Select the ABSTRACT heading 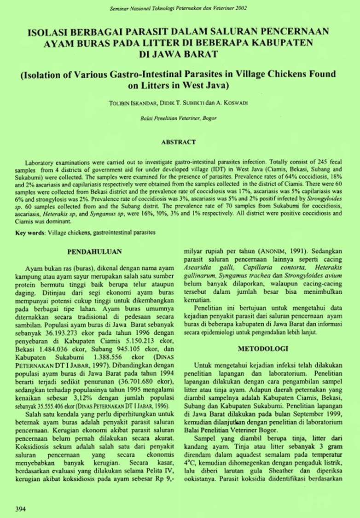click(x=178, y=142)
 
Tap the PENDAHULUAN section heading click(x=94, y=252)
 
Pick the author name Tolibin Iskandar click(x=134, y=103)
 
